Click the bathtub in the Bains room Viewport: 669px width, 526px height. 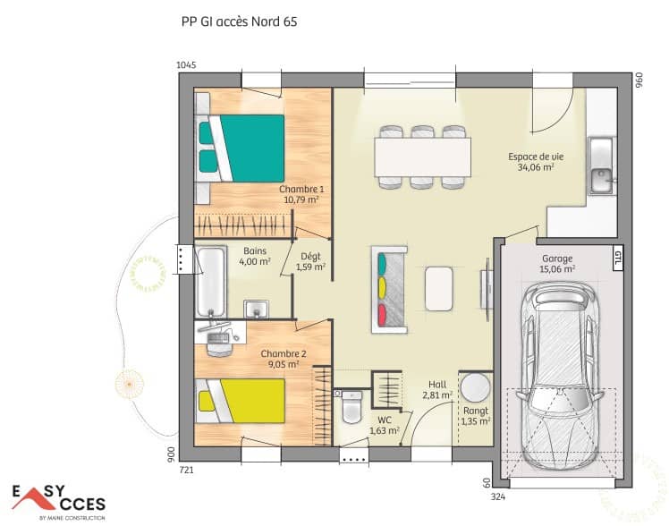click(212, 279)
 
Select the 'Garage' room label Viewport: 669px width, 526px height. click(557, 259)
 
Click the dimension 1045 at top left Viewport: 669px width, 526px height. click(186, 65)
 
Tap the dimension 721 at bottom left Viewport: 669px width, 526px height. click(186, 469)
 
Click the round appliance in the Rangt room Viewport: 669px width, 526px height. click(475, 389)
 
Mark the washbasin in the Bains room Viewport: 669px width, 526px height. click(257, 309)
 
